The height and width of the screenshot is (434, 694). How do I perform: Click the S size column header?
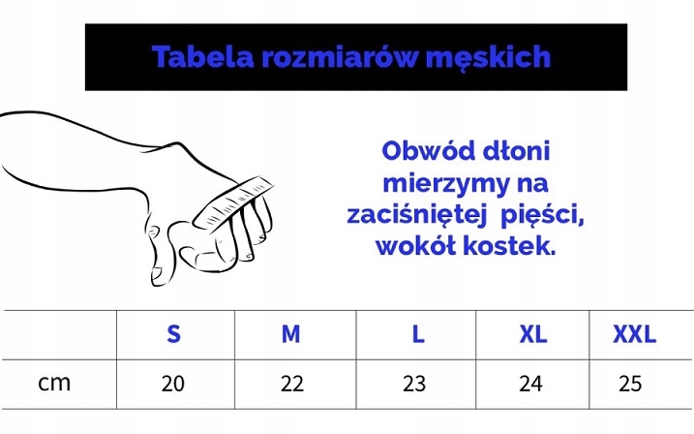pos(173,334)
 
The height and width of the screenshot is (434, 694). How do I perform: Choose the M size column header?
pos(290,334)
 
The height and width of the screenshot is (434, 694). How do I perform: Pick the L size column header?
pos(417,334)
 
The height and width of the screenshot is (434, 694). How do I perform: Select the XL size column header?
pos(532,334)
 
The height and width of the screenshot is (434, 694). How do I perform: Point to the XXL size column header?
pos(634,334)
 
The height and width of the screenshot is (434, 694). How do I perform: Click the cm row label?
pos(55,383)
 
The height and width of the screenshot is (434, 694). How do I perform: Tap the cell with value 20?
pos(173,384)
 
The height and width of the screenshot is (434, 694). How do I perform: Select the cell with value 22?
pos(291,384)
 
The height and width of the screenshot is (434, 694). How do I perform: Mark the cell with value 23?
pos(414,384)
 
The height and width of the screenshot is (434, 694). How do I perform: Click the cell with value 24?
pos(530,384)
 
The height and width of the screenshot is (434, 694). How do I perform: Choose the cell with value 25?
pos(630,384)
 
